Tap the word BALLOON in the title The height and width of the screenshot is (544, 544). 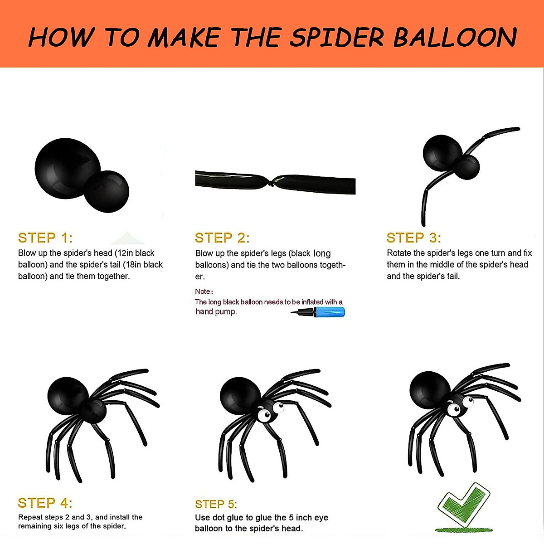(455, 37)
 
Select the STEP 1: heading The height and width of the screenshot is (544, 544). (45, 238)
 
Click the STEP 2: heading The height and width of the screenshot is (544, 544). (222, 238)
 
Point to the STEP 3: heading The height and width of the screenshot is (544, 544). (413, 238)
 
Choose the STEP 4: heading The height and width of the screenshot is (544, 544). (45, 503)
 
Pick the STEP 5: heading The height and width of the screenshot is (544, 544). (216, 504)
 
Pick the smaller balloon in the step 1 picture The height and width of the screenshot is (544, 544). (108, 191)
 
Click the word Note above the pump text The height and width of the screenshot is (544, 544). (203, 291)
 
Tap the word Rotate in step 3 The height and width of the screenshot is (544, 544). (399, 253)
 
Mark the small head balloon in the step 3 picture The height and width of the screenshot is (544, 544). (466, 167)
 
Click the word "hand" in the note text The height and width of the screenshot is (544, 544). (204, 311)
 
